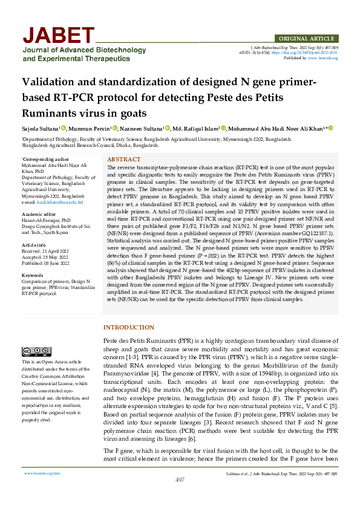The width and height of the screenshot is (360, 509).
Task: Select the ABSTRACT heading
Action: (123, 159)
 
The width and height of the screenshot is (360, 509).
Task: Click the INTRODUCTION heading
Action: (129, 327)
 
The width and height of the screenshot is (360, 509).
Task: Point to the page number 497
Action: (180, 496)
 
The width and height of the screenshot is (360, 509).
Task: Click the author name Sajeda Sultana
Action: (42, 128)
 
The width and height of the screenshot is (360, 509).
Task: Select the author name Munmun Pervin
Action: (90, 128)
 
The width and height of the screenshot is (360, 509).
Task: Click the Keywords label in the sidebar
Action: (33, 274)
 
